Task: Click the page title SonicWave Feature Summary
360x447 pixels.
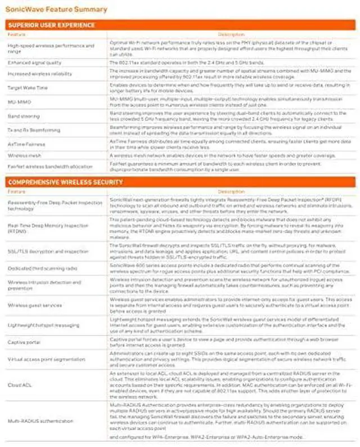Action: click(56, 10)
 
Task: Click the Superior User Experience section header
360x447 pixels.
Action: click(51, 25)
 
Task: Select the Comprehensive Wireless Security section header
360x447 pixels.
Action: click(65, 182)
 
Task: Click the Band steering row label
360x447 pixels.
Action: click(24, 116)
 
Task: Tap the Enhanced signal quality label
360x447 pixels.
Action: click(31, 64)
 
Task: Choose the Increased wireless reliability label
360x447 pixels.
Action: click(35, 74)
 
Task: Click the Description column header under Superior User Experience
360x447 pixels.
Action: click(231, 34)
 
